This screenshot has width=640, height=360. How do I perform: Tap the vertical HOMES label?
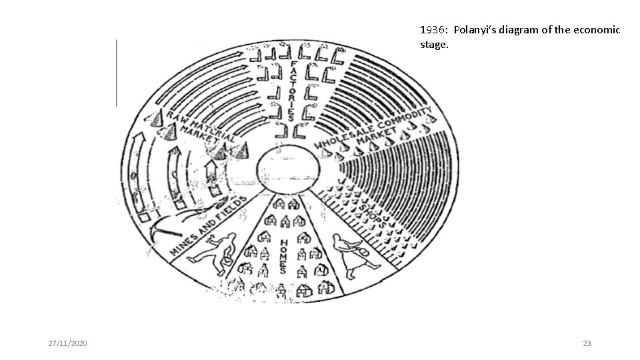tap(283, 256)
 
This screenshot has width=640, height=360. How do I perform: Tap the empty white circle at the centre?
tap(287, 167)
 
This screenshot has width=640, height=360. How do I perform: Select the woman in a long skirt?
tap(347, 253)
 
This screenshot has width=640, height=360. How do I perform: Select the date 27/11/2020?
tap(67, 343)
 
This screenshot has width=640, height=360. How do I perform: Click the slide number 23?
tap(587, 343)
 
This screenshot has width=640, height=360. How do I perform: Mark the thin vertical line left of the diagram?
tap(117, 73)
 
